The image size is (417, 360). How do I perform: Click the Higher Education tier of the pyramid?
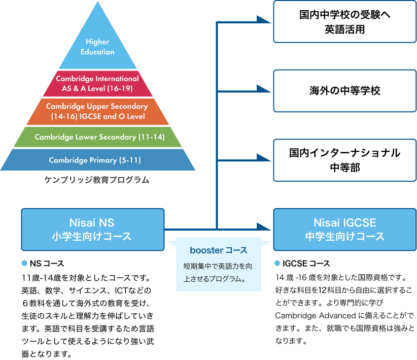[97, 47]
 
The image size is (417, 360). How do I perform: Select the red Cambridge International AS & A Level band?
[97, 83]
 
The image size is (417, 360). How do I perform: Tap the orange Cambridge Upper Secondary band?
[97, 112]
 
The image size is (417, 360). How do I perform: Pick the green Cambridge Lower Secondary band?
[97, 137]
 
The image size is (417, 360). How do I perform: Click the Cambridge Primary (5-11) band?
[95, 160]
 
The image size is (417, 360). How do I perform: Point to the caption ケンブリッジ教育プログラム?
[96, 180]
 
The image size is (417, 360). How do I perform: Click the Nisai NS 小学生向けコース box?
[92, 229]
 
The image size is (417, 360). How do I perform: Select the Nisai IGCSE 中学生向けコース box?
[345, 229]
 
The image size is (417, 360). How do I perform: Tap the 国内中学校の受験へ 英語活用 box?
[345, 22]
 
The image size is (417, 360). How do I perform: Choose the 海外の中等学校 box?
[345, 91]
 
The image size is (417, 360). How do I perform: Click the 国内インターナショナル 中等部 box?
[345, 160]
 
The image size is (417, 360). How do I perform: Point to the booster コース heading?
[219, 250]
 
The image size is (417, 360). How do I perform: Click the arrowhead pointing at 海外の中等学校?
[264, 91]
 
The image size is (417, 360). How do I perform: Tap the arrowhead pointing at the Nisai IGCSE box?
[264, 229]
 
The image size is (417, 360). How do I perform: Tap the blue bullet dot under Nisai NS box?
[24, 264]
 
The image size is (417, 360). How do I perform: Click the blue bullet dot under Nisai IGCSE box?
[277, 264]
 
